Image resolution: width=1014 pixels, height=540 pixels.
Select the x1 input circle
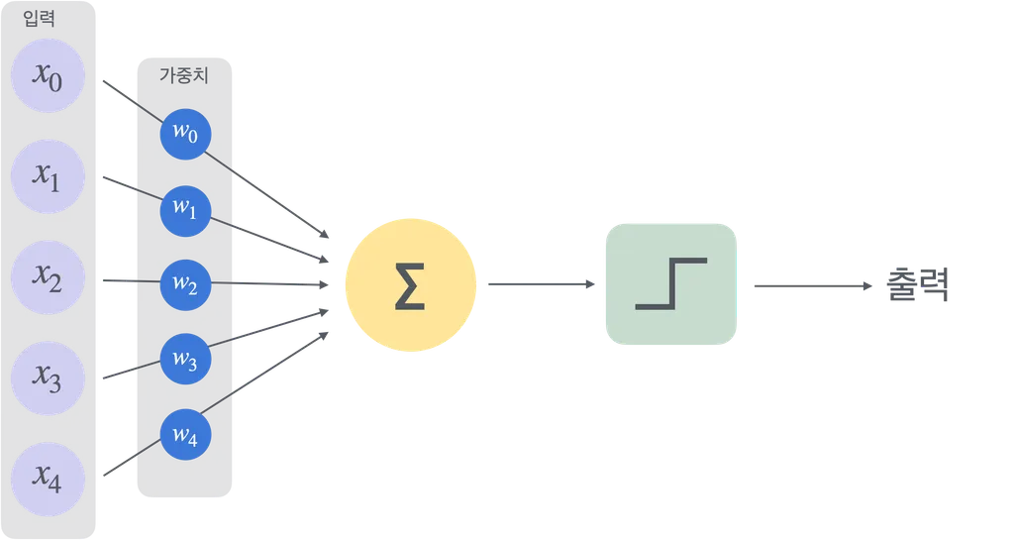(48, 176)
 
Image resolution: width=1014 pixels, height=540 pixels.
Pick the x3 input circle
(48, 378)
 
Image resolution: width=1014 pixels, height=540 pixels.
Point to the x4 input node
(48, 481)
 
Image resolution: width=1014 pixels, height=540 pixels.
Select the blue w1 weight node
(185, 209)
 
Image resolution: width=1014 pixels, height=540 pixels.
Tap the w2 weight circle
(185, 284)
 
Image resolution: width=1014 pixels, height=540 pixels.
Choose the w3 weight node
(185, 360)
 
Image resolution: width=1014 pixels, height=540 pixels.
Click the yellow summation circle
(410, 285)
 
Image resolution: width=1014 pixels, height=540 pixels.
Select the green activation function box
(671, 285)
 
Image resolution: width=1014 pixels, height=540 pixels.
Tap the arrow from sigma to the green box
(541, 285)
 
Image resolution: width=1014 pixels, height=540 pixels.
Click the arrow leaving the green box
(812, 285)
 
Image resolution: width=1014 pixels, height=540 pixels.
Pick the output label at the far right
(920, 285)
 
